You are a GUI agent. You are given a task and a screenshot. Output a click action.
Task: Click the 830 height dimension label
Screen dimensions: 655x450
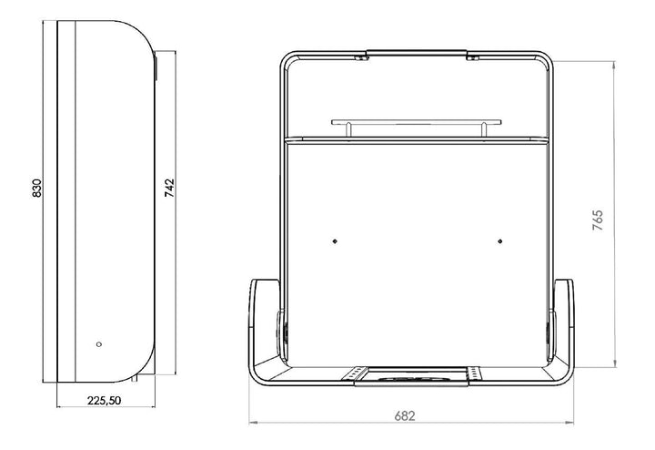tap(36, 189)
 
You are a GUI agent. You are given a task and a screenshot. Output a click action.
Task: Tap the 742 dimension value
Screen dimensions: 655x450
tap(169, 189)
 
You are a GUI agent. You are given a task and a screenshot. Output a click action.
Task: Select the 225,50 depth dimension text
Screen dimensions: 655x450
tap(104, 401)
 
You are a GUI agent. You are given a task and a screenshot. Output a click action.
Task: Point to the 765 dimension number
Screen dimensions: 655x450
tap(598, 220)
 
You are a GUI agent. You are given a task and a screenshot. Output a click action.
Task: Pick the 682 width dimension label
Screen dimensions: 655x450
tap(405, 416)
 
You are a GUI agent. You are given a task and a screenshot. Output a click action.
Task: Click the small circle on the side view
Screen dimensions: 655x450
tap(99, 344)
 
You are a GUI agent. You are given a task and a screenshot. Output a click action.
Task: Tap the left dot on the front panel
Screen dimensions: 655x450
tap(335, 241)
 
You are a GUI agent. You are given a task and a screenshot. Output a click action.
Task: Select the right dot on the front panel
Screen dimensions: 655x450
tap(500, 241)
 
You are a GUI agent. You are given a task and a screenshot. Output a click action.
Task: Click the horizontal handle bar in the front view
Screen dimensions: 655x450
tap(417, 123)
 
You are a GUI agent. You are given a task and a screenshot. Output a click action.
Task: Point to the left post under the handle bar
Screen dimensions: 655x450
tap(348, 129)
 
